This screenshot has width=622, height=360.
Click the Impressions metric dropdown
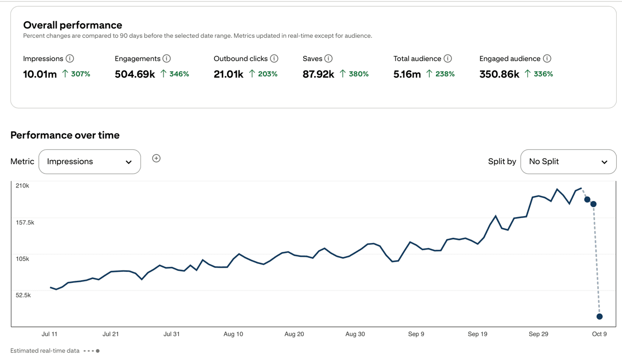click(x=90, y=162)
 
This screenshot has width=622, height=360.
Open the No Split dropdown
click(x=568, y=162)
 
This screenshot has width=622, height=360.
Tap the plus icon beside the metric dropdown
click(x=156, y=158)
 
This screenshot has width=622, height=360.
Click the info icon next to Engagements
click(x=166, y=59)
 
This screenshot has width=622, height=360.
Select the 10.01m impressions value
click(x=40, y=74)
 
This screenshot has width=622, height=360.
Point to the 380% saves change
click(x=355, y=74)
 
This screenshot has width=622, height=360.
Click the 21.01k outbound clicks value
click(x=229, y=74)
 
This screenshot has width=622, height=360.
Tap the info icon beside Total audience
click(x=448, y=59)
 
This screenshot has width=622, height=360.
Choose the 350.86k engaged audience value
click(x=499, y=74)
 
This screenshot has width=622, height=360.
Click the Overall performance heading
click(x=73, y=25)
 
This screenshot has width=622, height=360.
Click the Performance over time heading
click(x=65, y=135)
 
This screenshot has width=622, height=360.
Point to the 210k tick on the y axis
click(x=22, y=185)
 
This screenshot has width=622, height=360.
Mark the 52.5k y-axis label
click(x=23, y=295)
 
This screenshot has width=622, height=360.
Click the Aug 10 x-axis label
click(x=233, y=334)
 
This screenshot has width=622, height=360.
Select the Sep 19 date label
click(x=477, y=334)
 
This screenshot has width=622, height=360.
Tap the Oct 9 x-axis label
click(x=599, y=334)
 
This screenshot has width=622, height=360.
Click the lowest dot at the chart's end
click(x=599, y=316)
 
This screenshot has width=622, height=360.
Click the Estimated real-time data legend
click(x=45, y=351)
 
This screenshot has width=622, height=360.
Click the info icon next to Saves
click(x=329, y=59)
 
